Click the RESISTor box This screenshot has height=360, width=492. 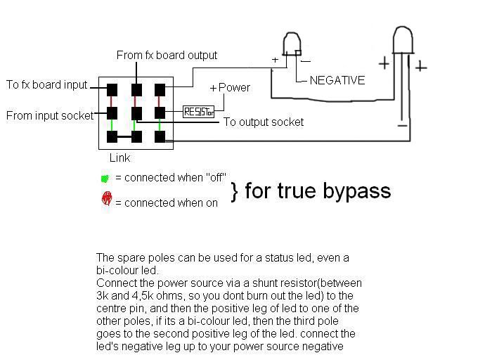tap(198, 111)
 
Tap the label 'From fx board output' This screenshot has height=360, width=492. tap(167, 55)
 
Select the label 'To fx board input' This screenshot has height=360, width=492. tap(47, 85)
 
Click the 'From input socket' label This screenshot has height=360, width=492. tap(50, 116)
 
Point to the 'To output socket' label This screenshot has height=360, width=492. tap(264, 122)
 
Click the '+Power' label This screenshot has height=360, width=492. tap(230, 88)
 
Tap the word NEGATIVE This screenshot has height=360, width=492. tap(337, 80)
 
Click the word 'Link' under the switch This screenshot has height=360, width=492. tap(119, 158)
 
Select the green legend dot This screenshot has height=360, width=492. tap(105, 178)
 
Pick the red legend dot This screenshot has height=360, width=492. tap(106, 199)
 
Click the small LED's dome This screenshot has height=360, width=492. tap(290, 43)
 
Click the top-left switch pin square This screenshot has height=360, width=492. tap(112, 89)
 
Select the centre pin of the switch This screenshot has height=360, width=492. tap(136, 112)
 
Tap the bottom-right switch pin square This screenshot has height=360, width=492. tap(160, 136)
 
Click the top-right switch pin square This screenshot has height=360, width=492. tap(160, 89)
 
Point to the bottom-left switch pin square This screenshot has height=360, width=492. tap(112, 136)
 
